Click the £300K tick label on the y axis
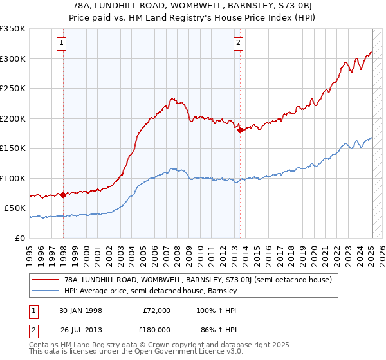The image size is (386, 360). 13,59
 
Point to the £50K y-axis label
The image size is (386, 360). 15,208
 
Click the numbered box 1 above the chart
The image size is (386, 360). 61,43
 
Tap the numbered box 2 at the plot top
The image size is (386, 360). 238,43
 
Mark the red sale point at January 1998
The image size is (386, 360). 64,195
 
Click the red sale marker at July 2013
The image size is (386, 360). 240,130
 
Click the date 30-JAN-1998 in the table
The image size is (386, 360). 81,310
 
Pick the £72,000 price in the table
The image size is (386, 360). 156,310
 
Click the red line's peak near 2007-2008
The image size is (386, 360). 173,98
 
